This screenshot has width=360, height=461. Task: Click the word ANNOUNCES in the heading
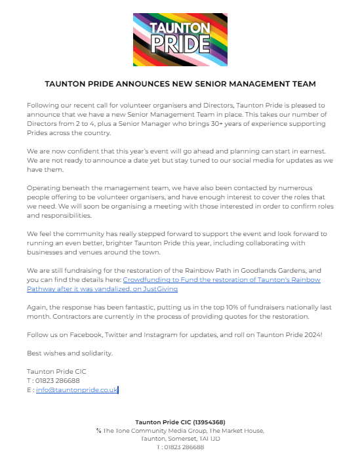[142, 84]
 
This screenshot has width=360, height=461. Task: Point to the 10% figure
[209, 306]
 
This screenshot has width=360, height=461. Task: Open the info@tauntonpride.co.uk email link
[77, 390]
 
